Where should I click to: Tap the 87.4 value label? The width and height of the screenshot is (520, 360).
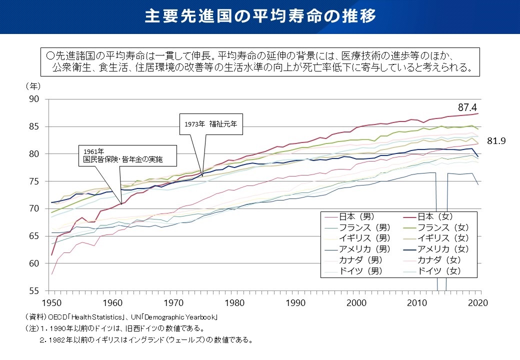(468, 107)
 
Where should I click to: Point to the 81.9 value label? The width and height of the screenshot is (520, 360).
(496, 141)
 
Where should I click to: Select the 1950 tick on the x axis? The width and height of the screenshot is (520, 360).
(51, 302)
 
